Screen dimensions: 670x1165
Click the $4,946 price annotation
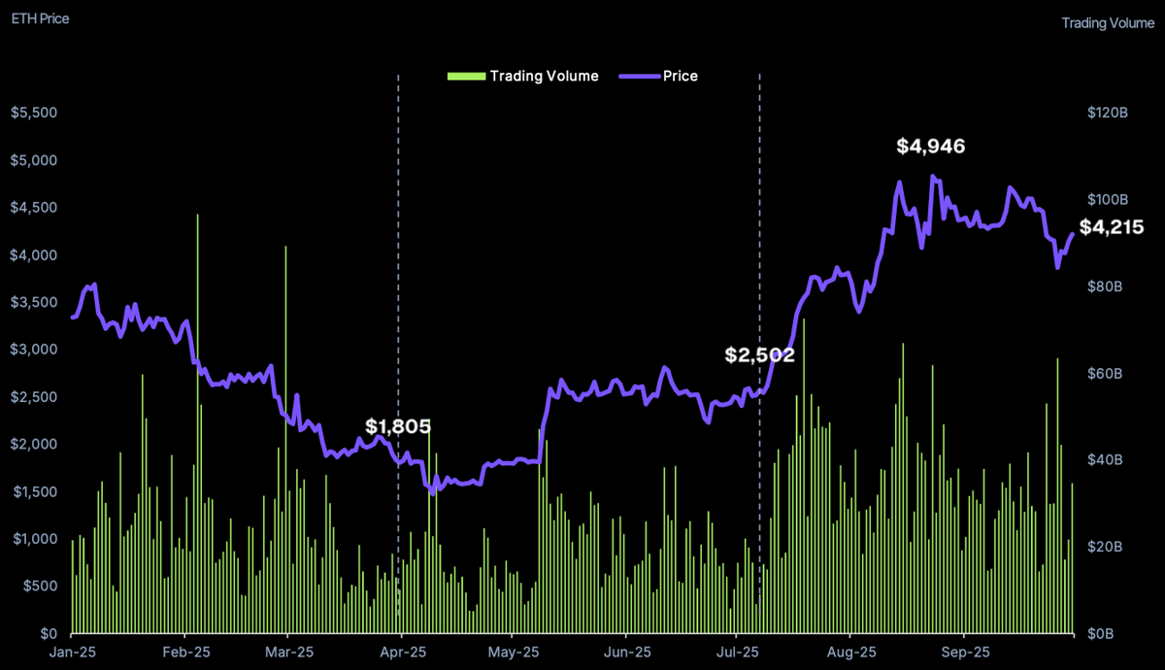[930, 147]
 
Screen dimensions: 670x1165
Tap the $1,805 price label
[398, 426]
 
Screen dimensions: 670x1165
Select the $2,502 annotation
[760, 355]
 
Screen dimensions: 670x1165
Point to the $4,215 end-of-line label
[1112, 228]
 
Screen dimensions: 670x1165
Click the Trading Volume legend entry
[523, 76]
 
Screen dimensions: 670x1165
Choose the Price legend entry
[659, 76]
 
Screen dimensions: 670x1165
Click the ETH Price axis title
[40, 18]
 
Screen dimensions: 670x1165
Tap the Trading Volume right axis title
[1108, 23]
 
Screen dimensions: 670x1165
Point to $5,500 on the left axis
[34, 113]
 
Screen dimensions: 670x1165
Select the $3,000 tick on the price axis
[34, 350]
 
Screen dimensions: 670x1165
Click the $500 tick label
[39, 586]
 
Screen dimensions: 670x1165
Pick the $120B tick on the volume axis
[1108, 113]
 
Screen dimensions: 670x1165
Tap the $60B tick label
[1108, 374]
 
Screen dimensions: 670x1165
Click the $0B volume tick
[1108, 634]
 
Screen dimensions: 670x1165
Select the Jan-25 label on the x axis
[72, 653]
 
